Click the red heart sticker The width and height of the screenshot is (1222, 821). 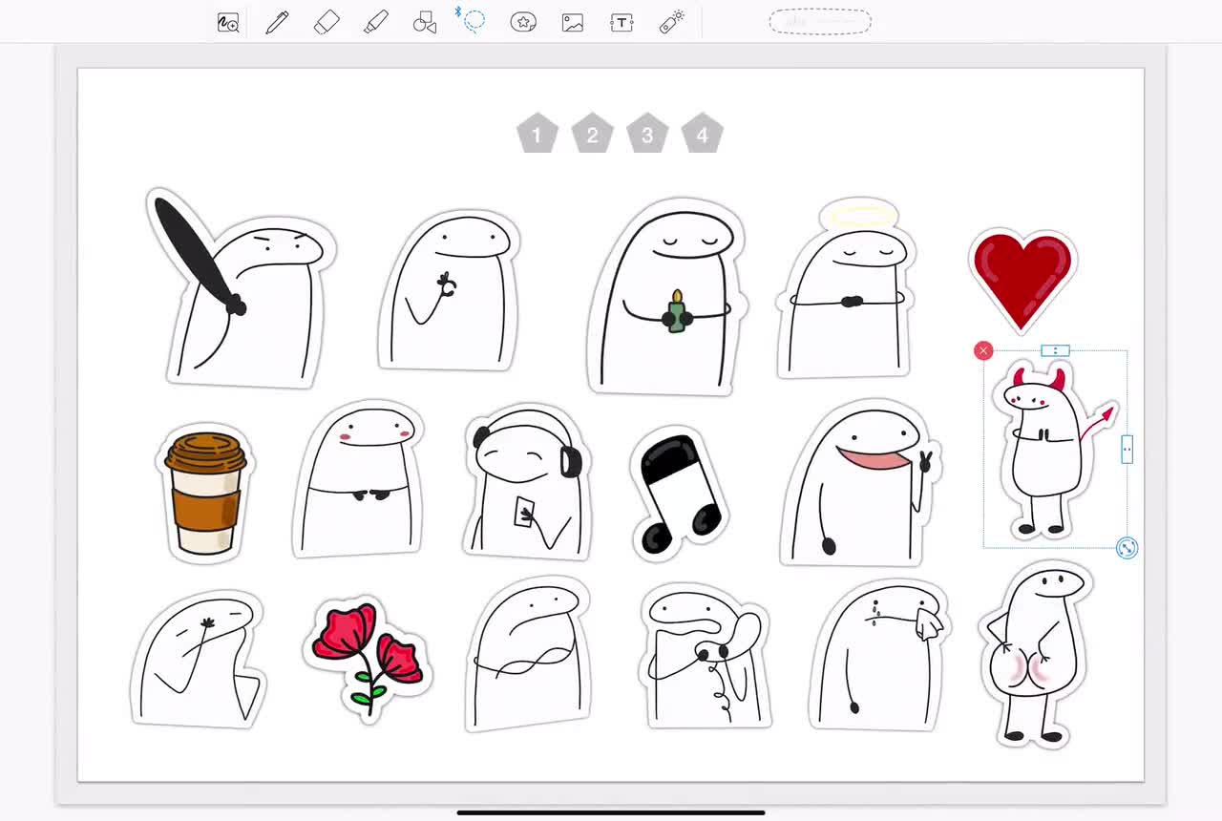[x=1022, y=276]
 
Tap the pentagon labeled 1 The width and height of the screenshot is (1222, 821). [x=537, y=135]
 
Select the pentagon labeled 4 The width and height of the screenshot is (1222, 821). [x=703, y=135]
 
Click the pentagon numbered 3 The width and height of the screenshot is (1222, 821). [x=647, y=135]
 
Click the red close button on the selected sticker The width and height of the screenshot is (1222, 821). [x=983, y=351]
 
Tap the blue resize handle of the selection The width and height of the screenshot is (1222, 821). [x=1127, y=548]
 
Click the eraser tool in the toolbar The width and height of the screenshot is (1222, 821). [x=327, y=22]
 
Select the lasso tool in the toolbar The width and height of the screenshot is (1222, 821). [x=474, y=21]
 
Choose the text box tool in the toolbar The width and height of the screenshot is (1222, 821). [x=622, y=22]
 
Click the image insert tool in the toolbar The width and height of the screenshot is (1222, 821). [x=573, y=22]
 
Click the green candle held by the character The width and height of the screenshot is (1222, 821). [x=677, y=312]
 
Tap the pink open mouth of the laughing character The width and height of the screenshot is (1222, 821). [x=873, y=459]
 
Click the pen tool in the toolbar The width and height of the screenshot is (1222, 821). [x=277, y=22]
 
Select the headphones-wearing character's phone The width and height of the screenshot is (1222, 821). [x=525, y=513]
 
